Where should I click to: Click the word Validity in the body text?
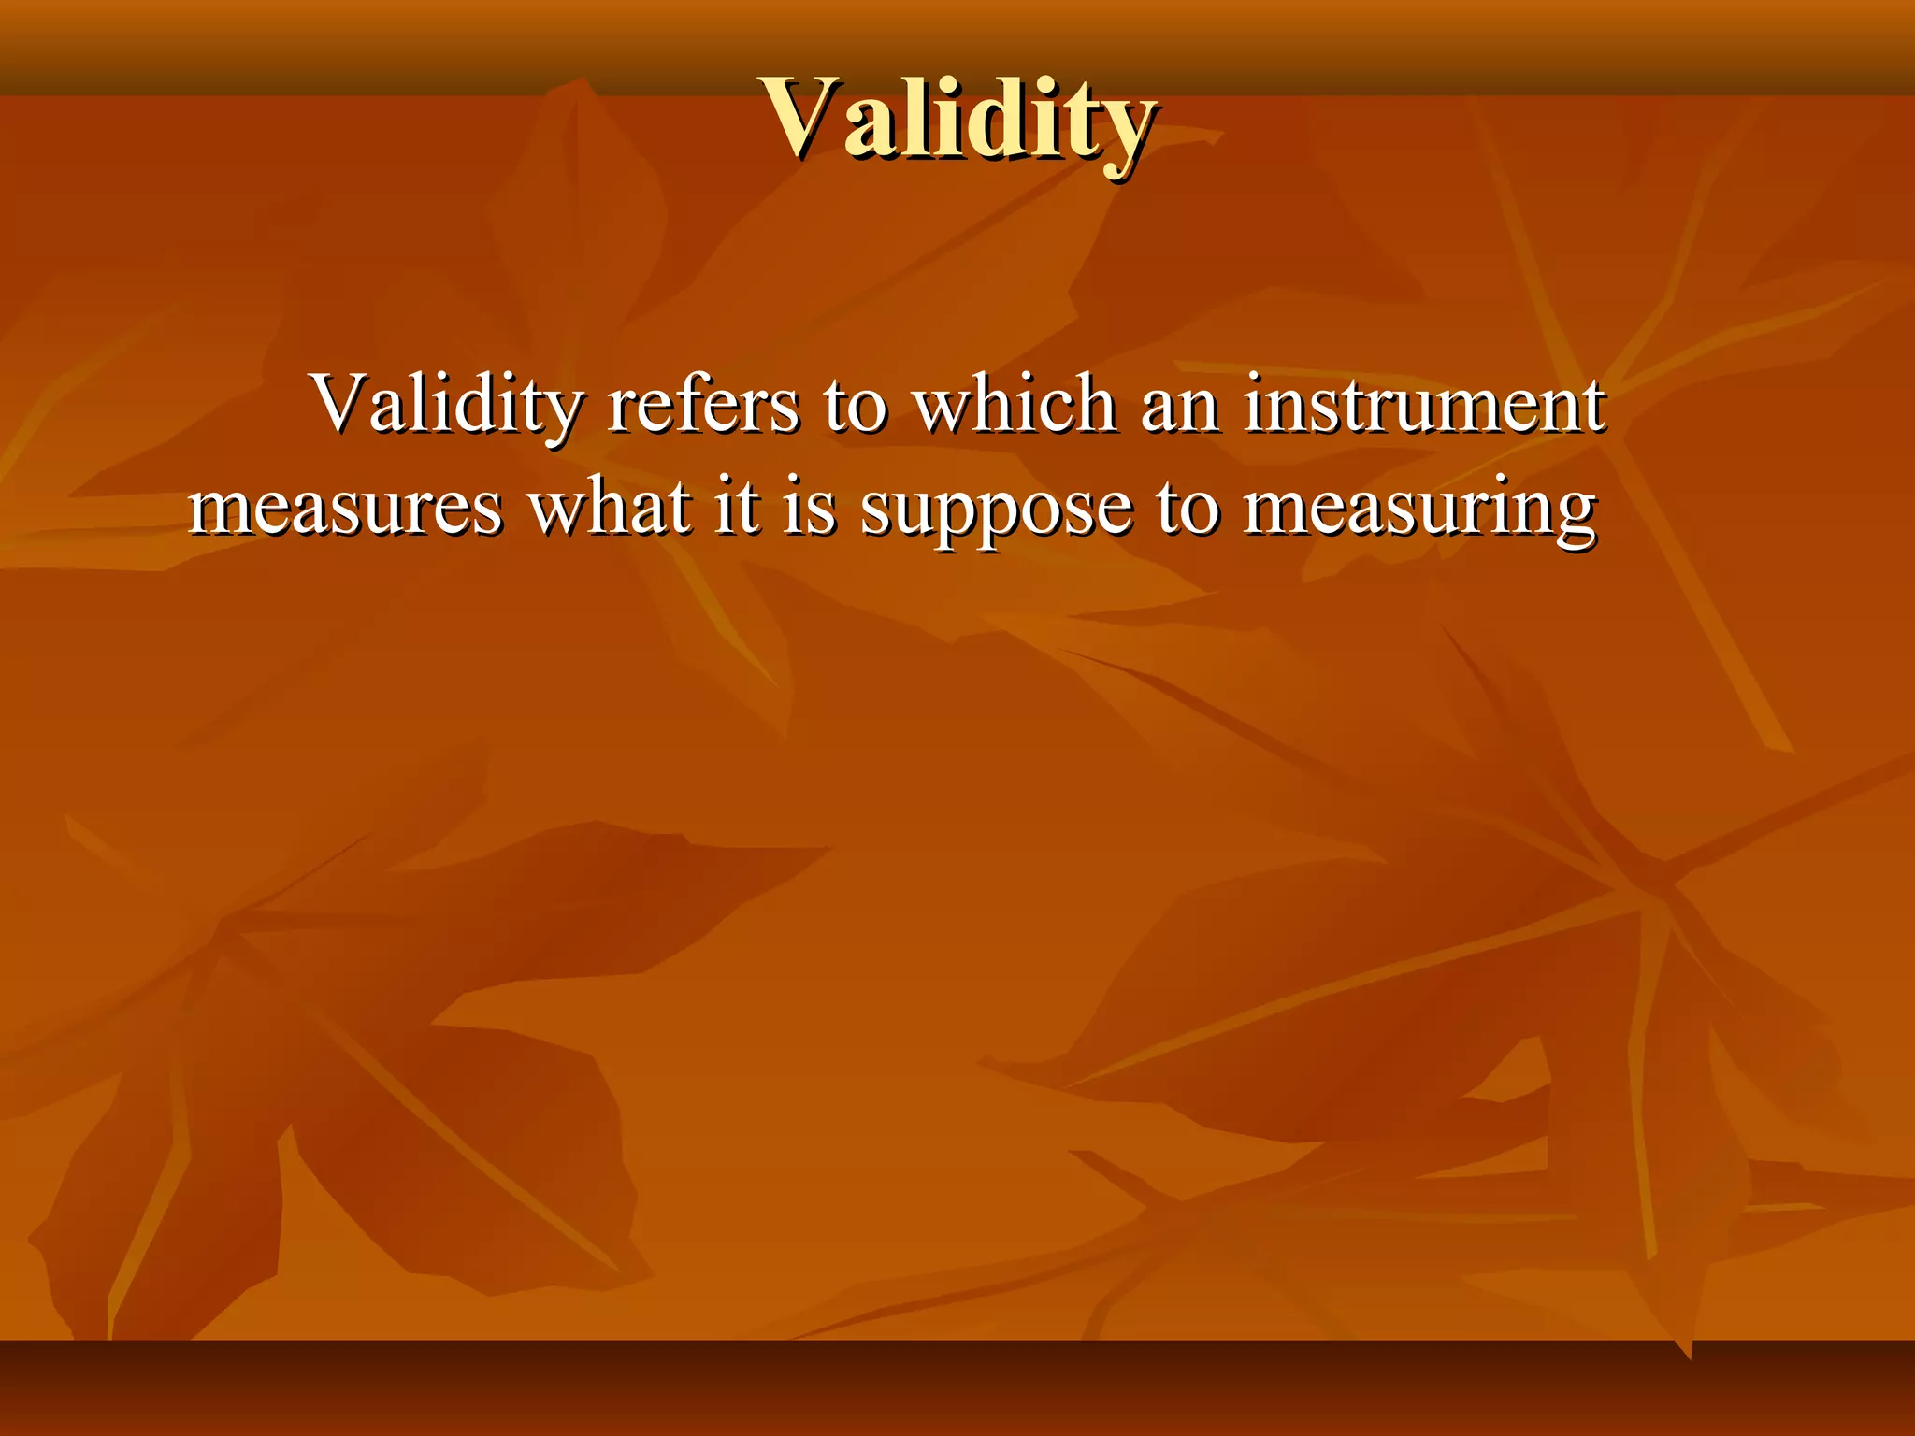pyautogui.click(x=447, y=404)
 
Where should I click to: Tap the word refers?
pyautogui.click(x=702, y=404)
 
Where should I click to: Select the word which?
pyautogui.click(x=1014, y=404)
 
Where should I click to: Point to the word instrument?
pyautogui.click(x=1423, y=404)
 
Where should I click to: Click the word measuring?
pyautogui.click(x=1419, y=510)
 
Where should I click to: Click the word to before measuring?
pyautogui.click(x=1187, y=510)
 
